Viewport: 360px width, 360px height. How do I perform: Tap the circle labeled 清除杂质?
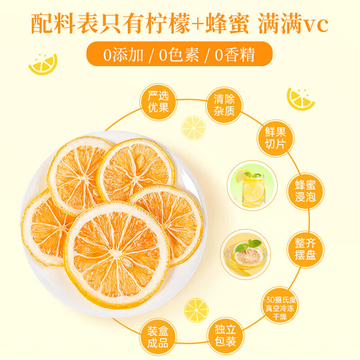coord(224,105)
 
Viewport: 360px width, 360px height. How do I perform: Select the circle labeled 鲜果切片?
coord(275,138)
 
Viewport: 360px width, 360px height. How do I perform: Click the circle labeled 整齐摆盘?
coord(306,249)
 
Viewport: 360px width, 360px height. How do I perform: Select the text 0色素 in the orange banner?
coord(179,55)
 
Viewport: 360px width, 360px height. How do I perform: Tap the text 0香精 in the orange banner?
coord(235,55)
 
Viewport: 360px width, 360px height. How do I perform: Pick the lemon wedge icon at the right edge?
coord(301,99)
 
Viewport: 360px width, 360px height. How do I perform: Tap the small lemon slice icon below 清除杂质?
coord(193,128)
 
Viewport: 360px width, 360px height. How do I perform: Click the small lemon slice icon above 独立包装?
coord(196,310)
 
